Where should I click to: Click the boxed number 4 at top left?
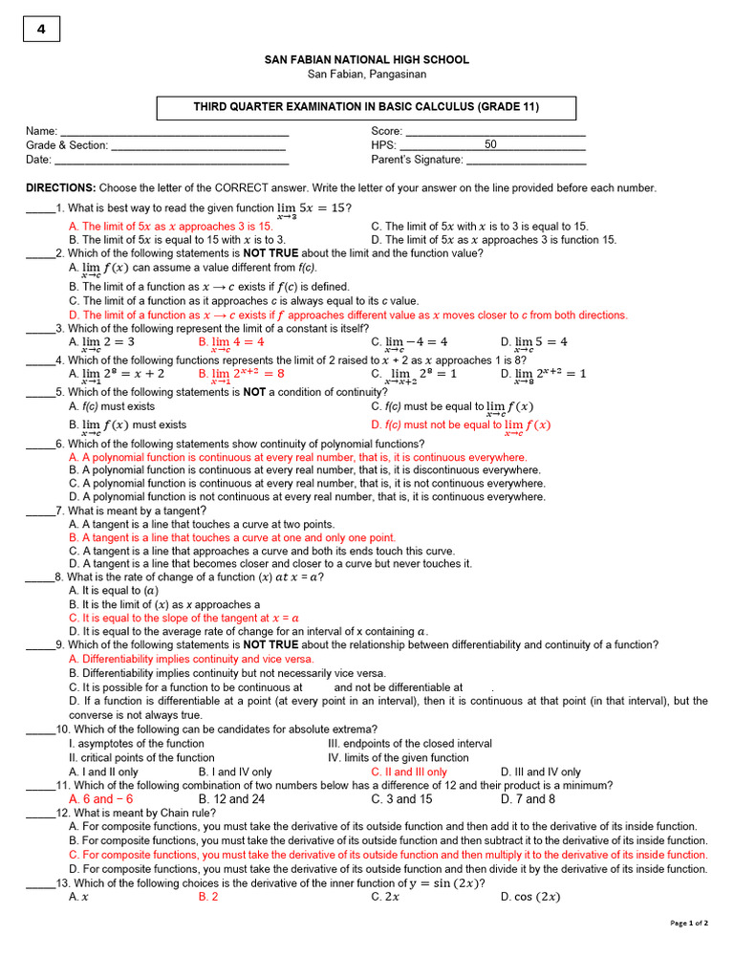41,30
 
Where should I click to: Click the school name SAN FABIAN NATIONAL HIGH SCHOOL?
367,60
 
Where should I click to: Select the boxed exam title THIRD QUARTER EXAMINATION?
367,107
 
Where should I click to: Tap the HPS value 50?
490,145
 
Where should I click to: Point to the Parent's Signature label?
417,160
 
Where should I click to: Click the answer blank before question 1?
39,208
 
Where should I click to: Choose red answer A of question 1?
170,227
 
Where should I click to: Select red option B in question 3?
231,342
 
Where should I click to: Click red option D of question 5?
461,425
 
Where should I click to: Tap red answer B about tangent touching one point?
232,538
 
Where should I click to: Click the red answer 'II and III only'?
408,772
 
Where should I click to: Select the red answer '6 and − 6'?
101,799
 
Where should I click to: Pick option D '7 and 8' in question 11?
528,799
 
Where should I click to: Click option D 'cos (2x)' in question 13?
530,897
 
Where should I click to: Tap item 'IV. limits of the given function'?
398,757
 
